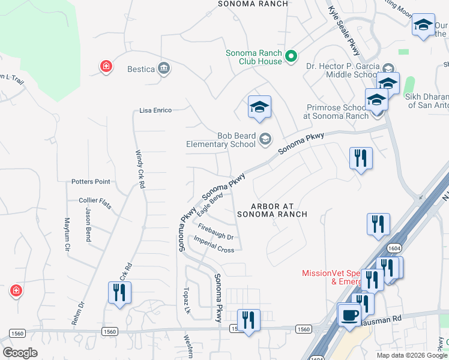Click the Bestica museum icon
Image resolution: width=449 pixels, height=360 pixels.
(x=163, y=68)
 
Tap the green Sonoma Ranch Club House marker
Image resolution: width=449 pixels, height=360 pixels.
(x=291, y=57)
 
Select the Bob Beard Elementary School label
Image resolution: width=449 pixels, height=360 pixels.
(x=221, y=140)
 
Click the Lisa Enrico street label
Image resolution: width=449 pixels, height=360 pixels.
(x=155, y=110)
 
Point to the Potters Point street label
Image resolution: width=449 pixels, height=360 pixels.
(x=91, y=181)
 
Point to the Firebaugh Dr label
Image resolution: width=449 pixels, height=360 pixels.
(x=214, y=232)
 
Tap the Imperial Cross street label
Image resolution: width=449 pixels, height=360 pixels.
(x=214, y=245)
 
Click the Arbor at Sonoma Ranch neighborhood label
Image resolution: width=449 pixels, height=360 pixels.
(x=272, y=210)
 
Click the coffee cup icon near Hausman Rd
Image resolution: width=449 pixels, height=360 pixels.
(x=349, y=313)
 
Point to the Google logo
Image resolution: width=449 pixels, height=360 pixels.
(x=20, y=353)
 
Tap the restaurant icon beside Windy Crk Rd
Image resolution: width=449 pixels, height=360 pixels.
(x=119, y=293)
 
